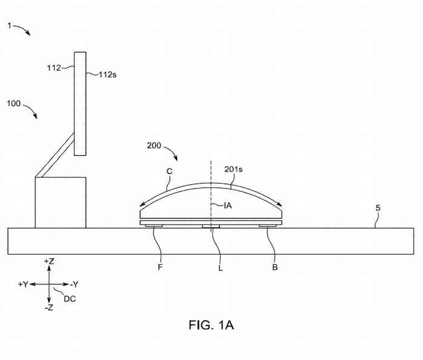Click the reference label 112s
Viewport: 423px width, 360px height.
pos(108,75)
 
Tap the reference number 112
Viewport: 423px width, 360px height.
pos(54,68)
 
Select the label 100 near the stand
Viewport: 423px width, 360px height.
pos(14,104)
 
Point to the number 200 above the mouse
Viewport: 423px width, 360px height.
pos(154,145)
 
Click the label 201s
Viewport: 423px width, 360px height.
pos(234,169)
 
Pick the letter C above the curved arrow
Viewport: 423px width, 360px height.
pos(170,172)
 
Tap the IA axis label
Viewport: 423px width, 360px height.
pos(228,205)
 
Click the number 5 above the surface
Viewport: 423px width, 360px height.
pos(378,208)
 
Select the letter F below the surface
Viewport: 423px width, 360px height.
pos(160,267)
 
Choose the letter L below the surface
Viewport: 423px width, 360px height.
pos(221,268)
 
